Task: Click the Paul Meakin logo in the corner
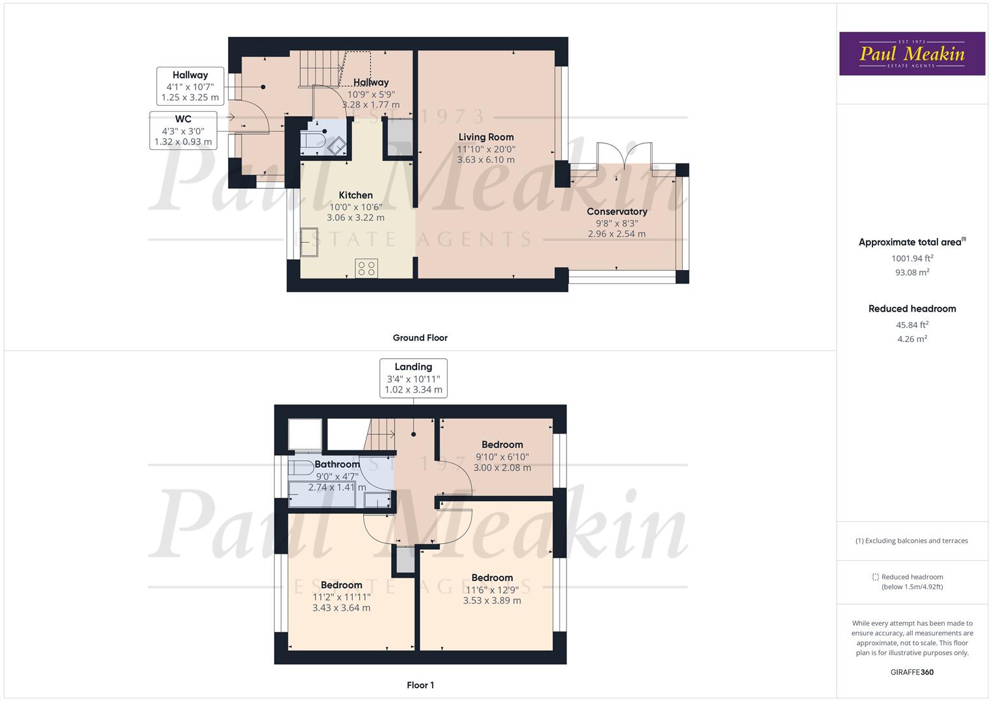point(912,53)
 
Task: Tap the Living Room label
point(486,137)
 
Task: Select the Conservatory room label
point(617,212)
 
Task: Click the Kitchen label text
point(355,195)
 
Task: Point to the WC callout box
point(183,130)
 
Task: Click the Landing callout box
point(413,378)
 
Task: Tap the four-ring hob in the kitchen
point(366,268)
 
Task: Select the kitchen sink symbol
point(310,243)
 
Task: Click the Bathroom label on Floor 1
point(337,464)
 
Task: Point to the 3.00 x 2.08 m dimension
point(502,468)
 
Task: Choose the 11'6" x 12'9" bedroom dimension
point(492,590)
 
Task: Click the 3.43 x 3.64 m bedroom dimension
point(342,608)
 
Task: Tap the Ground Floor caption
point(420,338)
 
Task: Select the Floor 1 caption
point(420,685)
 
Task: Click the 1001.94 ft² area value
point(912,258)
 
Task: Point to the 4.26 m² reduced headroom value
point(912,339)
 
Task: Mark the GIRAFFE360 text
point(912,672)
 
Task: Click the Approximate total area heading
point(912,241)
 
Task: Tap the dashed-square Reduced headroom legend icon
point(875,576)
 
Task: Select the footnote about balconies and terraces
point(911,540)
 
